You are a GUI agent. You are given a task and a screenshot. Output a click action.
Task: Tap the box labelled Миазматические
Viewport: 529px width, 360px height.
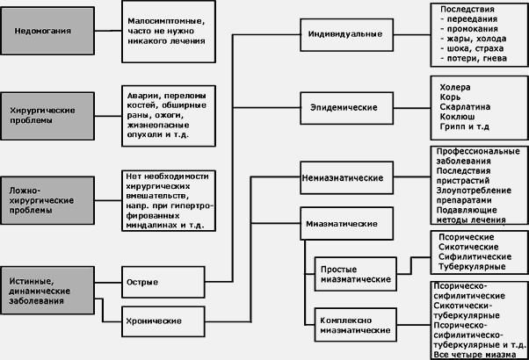[x=337, y=224]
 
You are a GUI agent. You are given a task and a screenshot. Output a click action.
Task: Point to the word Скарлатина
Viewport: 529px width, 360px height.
[x=464, y=113]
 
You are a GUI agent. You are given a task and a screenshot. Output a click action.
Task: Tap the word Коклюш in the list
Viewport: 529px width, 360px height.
[x=454, y=126]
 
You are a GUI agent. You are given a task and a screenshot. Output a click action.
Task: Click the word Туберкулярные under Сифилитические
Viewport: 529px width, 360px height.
[x=471, y=265]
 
